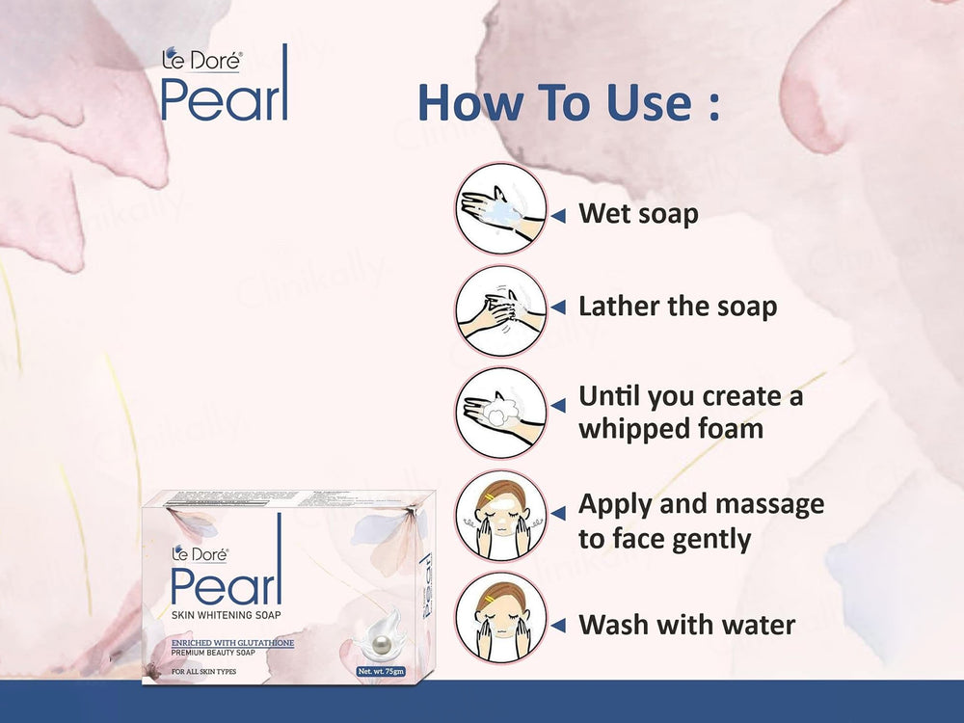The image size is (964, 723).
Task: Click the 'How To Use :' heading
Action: (x=569, y=103)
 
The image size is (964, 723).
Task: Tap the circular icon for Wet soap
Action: (x=500, y=208)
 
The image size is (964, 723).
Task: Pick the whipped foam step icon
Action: (x=500, y=413)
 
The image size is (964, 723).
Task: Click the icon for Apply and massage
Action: (x=500, y=516)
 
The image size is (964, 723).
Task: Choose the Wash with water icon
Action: (x=500, y=617)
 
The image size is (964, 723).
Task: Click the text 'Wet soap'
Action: (x=637, y=213)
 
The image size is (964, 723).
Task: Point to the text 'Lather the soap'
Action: (x=677, y=308)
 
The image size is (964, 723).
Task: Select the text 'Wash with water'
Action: (x=686, y=625)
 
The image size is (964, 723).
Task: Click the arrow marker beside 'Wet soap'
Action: (x=557, y=215)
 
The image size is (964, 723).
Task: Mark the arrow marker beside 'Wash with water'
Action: (x=557, y=627)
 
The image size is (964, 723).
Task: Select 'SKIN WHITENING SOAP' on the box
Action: (x=227, y=615)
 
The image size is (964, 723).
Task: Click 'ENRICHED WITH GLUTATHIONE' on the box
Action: (x=232, y=642)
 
